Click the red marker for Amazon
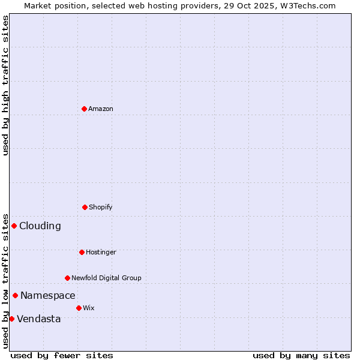(84, 109)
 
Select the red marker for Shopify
(85, 207)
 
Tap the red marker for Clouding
(14, 226)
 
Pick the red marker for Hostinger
(82, 252)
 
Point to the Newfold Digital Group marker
(67, 278)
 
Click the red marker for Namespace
(15, 295)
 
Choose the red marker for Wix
(79, 308)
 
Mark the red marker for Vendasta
(11, 319)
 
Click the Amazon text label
(101, 109)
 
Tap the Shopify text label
(101, 207)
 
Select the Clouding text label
(40, 226)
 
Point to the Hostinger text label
(101, 252)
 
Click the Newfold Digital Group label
(107, 278)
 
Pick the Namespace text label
(48, 295)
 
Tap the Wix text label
(89, 308)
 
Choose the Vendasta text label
(39, 319)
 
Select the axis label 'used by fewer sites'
(62, 355)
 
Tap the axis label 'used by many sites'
(301, 355)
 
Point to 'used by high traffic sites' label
(5, 85)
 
